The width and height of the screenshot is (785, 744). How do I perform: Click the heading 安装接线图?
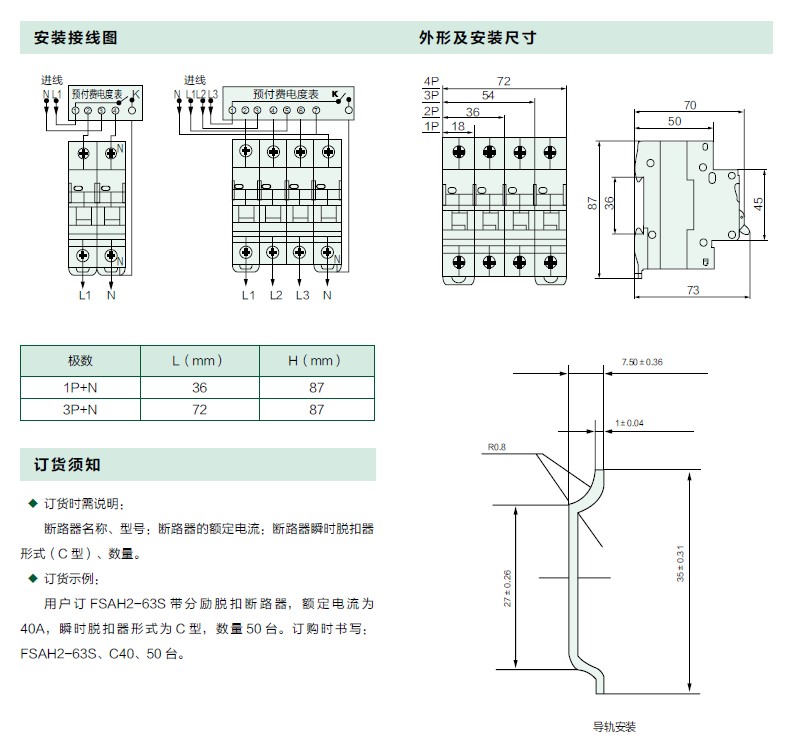(x=76, y=39)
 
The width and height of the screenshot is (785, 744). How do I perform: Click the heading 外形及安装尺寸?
(x=478, y=39)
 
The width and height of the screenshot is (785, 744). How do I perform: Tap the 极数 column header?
(x=80, y=360)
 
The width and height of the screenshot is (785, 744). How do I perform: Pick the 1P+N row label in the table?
(x=80, y=385)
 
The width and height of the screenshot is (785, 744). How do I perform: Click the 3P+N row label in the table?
(x=80, y=409)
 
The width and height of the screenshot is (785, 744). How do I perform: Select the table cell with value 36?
(x=199, y=385)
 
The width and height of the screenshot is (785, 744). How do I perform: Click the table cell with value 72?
(x=199, y=409)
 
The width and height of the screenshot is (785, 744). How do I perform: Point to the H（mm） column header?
(x=316, y=360)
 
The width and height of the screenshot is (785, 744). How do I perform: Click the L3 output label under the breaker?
(x=302, y=295)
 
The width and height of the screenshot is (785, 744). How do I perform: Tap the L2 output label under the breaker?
(x=276, y=295)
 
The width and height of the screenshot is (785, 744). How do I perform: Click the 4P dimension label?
(x=431, y=80)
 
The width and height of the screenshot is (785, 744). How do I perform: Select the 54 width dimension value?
(x=488, y=95)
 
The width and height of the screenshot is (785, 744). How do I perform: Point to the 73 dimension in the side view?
(x=693, y=290)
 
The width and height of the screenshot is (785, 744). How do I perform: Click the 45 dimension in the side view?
(x=758, y=204)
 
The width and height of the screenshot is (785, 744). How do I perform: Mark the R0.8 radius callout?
(x=498, y=447)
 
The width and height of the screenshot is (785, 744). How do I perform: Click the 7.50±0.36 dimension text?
(x=642, y=360)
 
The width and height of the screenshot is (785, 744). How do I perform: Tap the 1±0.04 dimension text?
(x=630, y=423)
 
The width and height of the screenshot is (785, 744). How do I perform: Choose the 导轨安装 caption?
(x=614, y=727)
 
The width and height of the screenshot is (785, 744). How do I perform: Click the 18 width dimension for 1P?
(x=458, y=126)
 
